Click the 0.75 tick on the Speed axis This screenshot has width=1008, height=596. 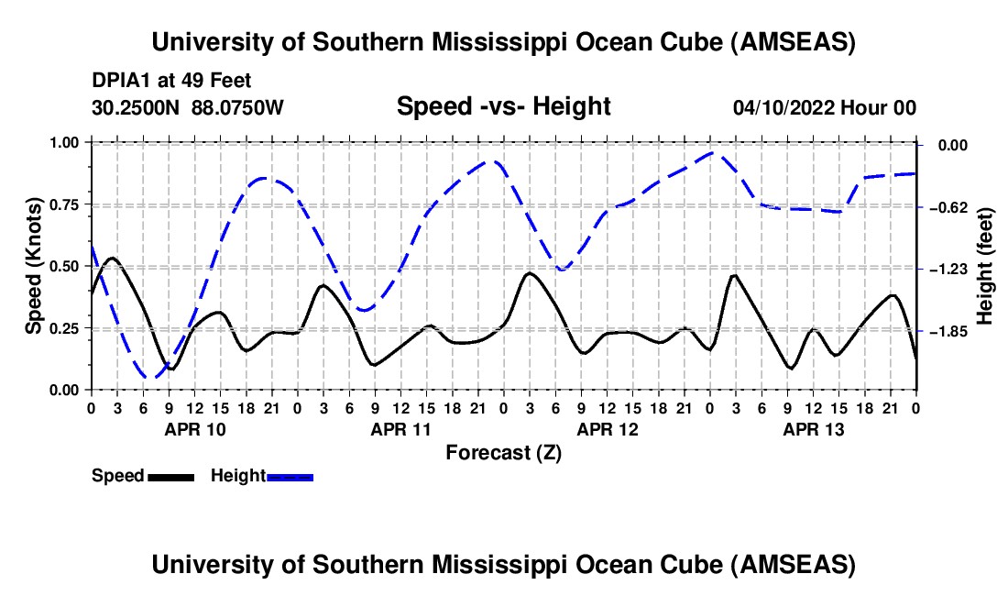tap(65, 204)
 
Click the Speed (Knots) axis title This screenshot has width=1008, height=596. tap(34, 266)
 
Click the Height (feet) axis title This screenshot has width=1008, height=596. tap(985, 266)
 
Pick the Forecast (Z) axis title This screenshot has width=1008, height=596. tap(503, 452)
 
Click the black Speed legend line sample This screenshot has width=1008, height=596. tap(170, 476)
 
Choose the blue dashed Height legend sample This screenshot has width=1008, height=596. tap(290, 476)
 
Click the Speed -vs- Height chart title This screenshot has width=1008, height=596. tap(503, 106)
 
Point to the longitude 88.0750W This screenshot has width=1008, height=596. tap(238, 107)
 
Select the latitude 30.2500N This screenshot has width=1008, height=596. tap(137, 107)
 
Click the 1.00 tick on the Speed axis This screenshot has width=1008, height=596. tap(65, 142)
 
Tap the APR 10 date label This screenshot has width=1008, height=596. tap(193, 428)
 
